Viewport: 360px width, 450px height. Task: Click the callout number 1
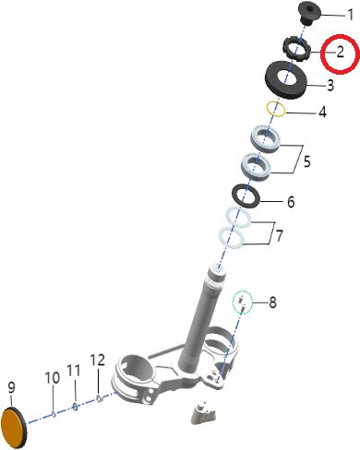point(350,15)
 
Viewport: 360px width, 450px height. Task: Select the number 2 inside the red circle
point(340,53)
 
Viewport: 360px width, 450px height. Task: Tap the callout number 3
point(330,85)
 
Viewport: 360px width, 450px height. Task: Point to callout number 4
point(322,112)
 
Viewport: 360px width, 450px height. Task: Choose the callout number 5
point(306,161)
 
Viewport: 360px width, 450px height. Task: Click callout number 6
point(291,202)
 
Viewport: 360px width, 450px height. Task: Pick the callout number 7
point(279,236)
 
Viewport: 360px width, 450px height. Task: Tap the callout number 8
point(272,302)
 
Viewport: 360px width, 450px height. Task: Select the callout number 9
point(11,388)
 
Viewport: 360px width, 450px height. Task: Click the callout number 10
point(53,378)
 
